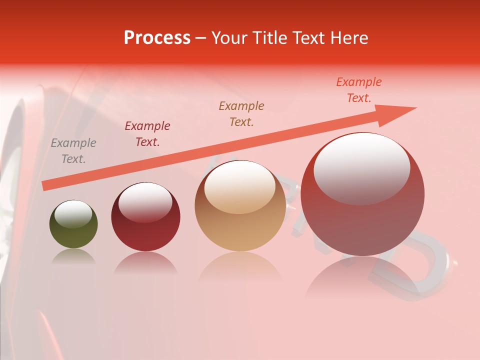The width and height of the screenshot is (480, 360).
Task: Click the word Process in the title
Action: pyautogui.click(x=157, y=38)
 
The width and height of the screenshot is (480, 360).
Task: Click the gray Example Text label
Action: pyautogui.click(x=73, y=151)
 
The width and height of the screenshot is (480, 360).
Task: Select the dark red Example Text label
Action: pyautogui.click(x=147, y=134)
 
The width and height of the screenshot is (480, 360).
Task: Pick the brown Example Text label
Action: pyautogui.click(x=241, y=114)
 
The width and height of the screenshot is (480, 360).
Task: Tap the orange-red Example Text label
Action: pyautogui.click(x=359, y=90)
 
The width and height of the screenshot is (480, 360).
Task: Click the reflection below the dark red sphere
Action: pyautogui.click(x=145, y=262)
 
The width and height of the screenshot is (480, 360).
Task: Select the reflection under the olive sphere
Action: pyautogui.click(x=73, y=256)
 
